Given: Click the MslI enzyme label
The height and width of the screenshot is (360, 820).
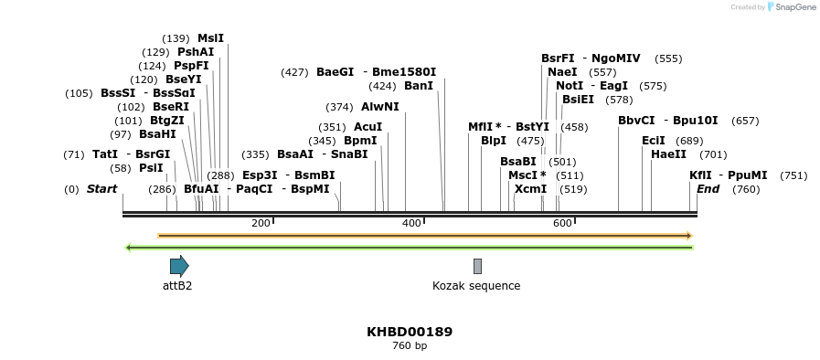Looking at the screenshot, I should (210, 38).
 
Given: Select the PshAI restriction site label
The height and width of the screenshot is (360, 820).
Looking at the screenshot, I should (196, 52).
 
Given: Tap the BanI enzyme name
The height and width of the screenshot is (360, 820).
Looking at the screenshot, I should (419, 86).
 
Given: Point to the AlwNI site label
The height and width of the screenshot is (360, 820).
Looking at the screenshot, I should (380, 107).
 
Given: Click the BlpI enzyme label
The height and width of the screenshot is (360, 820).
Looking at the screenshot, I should (494, 141).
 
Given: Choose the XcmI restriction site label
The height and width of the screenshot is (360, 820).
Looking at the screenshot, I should (530, 189).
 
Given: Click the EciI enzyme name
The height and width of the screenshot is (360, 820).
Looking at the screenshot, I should (654, 141).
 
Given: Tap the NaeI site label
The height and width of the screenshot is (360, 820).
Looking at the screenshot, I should (562, 71).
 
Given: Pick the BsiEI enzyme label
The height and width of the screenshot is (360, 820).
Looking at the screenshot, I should (578, 100).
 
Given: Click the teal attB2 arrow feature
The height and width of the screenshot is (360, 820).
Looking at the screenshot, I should (179, 266).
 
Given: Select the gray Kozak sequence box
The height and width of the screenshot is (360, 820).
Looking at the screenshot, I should (477, 266).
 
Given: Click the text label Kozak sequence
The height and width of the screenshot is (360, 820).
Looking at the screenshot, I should (476, 286).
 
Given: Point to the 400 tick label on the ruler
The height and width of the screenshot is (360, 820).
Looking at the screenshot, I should (411, 223).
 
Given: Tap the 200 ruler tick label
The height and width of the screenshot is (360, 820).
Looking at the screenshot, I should (261, 223).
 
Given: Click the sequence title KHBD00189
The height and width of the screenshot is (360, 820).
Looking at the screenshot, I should (410, 332).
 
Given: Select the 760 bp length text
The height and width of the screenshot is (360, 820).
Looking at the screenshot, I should (410, 346).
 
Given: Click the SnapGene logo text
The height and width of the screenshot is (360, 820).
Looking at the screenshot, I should (795, 7).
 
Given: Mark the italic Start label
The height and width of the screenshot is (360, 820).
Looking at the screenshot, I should (101, 189).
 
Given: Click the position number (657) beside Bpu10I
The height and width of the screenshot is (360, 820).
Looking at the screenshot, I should (745, 121).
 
